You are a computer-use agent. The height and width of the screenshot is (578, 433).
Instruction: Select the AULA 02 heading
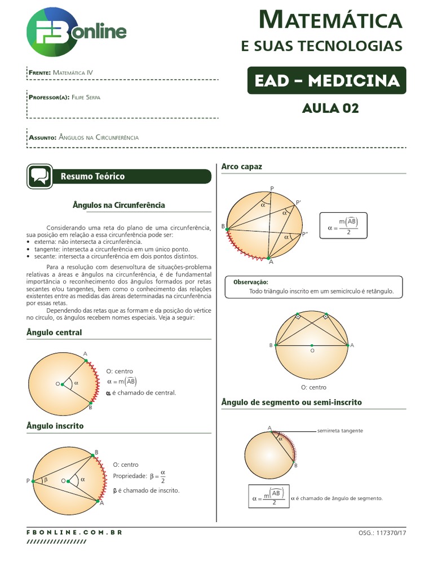tap(330, 108)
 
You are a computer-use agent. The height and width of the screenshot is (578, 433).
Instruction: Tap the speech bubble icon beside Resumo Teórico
tap(39, 177)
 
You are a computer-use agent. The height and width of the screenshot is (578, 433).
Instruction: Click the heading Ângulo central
tap(54, 332)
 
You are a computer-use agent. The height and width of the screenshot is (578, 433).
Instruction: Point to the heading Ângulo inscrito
tap(55, 426)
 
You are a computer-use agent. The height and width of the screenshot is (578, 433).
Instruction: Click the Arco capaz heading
tap(242, 167)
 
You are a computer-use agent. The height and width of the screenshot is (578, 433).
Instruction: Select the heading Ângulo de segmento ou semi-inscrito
tap(291, 402)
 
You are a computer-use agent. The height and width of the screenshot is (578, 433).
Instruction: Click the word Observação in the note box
tap(251, 282)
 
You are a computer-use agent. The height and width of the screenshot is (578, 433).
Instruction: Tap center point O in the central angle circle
tap(62, 384)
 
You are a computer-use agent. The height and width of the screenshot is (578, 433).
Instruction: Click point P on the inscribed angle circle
tap(33, 480)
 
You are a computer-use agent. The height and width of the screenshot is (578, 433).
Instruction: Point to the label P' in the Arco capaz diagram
tap(298, 202)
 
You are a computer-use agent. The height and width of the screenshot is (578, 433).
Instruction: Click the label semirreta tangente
tap(341, 431)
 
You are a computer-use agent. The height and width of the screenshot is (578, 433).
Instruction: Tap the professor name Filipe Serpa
tap(87, 97)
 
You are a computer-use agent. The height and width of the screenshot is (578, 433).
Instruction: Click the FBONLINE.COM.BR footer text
tap(74, 532)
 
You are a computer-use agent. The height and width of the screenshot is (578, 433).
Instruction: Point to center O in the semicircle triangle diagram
tap(312, 345)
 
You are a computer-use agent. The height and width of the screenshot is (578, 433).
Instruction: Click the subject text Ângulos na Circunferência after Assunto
tap(99, 137)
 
